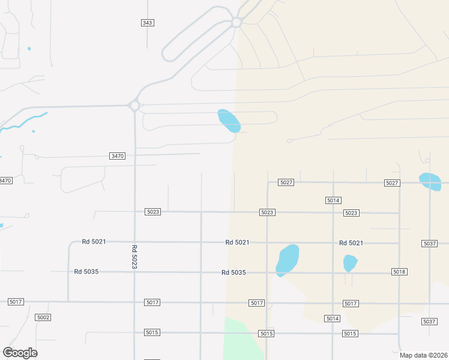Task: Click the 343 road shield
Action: click(148, 23)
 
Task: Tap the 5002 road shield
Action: click(43, 317)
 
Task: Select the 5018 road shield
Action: click(399, 272)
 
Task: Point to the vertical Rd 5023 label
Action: click(134, 257)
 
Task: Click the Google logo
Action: click(20, 352)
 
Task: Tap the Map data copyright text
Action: click(423, 355)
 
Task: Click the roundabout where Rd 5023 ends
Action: click(134, 106)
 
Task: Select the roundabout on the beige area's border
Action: click(237, 22)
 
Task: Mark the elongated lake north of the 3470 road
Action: click(229, 121)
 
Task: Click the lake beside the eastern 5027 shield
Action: click(430, 181)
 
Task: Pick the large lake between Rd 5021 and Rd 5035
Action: click(287, 260)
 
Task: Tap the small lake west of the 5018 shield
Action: click(350, 263)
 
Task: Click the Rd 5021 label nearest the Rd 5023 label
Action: click(94, 242)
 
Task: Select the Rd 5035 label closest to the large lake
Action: click(234, 272)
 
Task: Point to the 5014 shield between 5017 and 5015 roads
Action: click(333, 319)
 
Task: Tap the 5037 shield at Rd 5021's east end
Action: click(429, 244)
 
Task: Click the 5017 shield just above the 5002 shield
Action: click(16, 302)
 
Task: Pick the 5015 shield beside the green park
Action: click(266, 333)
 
